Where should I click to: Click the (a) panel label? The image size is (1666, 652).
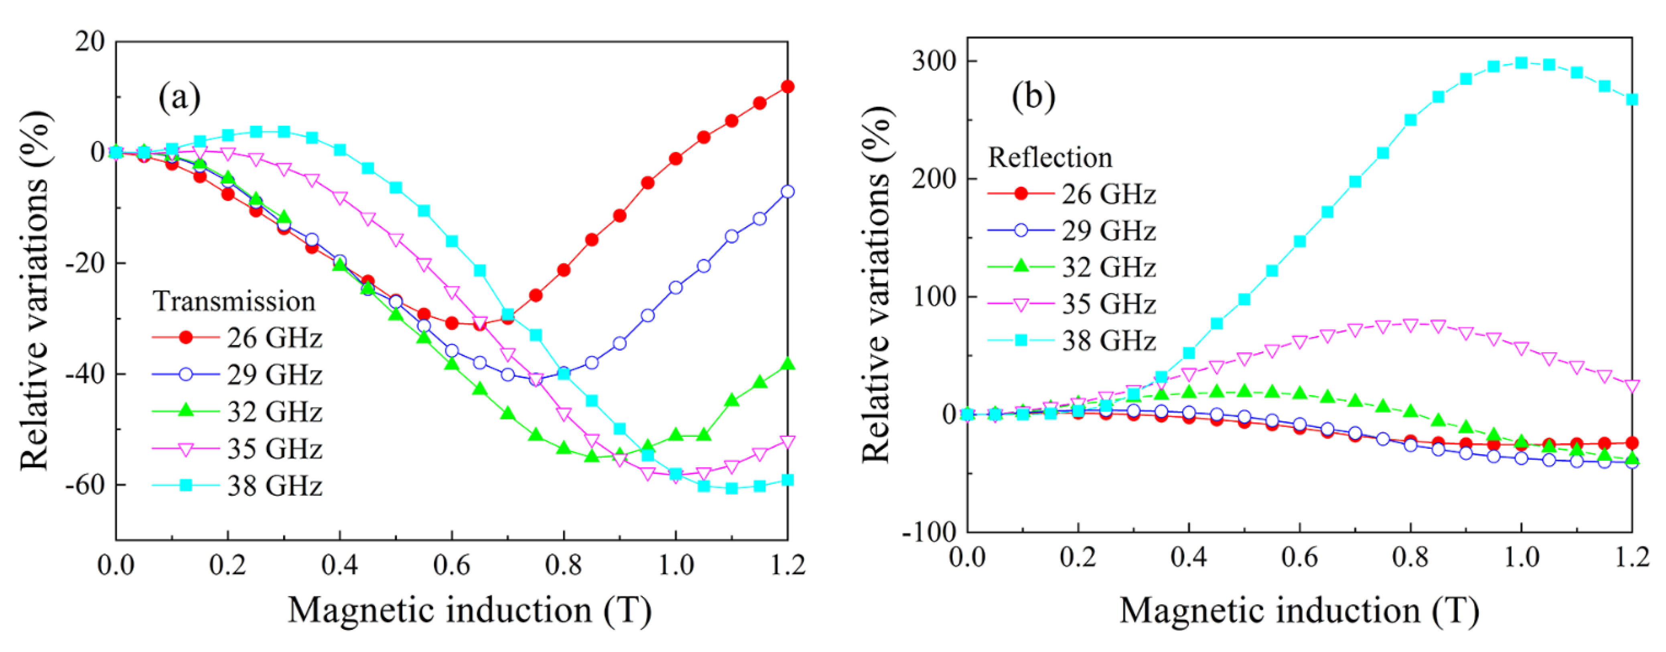click(179, 97)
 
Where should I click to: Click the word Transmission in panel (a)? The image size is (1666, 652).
click(234, 301)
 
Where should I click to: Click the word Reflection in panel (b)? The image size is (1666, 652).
click(1050, 157)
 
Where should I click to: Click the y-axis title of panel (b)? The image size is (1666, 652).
click(878, 284)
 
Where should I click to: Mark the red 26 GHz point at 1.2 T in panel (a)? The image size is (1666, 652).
click(787, 87)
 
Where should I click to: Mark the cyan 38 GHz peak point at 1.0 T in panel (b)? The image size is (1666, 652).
click(1521, 63)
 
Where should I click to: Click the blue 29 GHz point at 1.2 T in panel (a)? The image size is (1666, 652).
click(787, 192)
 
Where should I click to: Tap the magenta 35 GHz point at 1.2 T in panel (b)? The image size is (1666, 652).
click(1632, 386)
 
